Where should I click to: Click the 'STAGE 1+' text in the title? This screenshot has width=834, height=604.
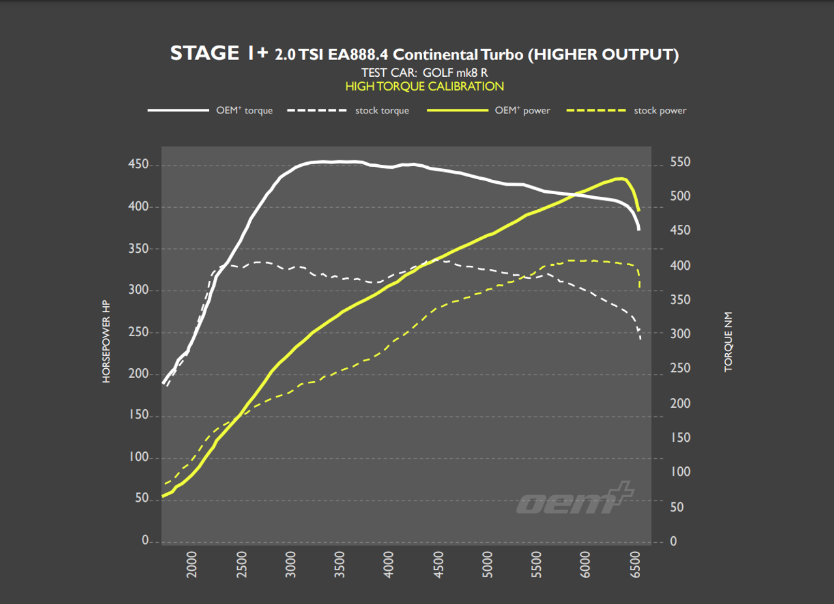218,53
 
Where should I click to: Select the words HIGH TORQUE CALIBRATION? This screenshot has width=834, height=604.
424,86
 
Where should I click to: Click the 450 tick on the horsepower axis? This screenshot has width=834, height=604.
139,165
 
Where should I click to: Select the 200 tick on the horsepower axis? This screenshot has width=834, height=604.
139,374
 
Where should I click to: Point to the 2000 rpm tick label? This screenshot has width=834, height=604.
192,564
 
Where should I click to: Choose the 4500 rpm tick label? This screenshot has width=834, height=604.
439,564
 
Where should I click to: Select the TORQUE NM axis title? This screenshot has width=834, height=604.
728,341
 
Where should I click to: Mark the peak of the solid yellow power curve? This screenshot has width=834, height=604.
622,178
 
